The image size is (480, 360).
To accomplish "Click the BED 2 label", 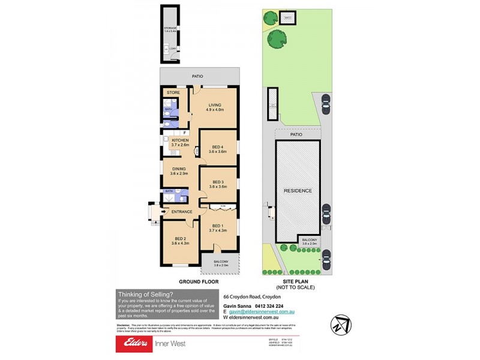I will pyautogui.click(x=181, y=240).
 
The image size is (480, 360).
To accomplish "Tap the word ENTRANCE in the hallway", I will pyautogui.click(x=181, y=211).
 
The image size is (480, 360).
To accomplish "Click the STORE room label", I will pyautogui.click(x=173, y=92).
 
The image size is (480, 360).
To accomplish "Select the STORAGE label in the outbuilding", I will pyautogui.click(x=170, y=28).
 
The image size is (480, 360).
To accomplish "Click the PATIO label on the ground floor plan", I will pyautogui.click(x=197, y=76).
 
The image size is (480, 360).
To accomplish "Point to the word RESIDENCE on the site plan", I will pyautogui.click(x=298, y=191).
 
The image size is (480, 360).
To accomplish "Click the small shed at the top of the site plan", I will pyautogui.click(x=289, y=17).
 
